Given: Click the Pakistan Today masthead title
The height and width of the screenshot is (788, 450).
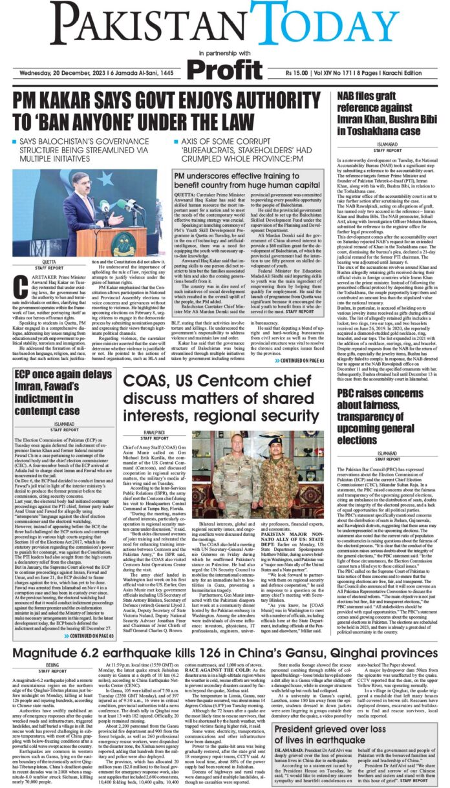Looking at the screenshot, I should [x=224, y=25].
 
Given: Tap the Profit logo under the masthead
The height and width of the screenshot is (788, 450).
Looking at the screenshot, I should [x=224, y=68].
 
